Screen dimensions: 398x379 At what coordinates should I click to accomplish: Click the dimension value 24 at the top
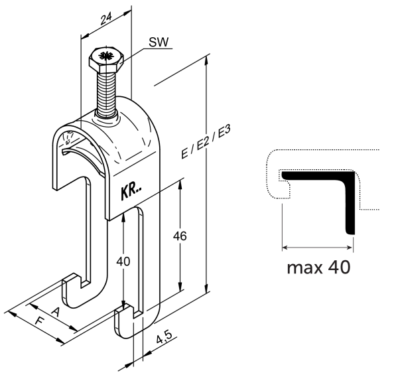pyautogui.click(x=106, y=19)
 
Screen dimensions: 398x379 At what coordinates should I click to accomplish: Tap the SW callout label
pyautogui.click(x=159, y=42)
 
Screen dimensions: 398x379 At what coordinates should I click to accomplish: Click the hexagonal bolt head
pyautogui.click(x=106, y=60)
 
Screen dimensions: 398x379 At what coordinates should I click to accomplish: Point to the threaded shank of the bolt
pyautogui.click(x=107, y=94)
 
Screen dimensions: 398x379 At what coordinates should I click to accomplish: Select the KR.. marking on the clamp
pyautogui.click(x=131, y=190)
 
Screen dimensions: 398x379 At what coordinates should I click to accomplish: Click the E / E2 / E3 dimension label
pyautogui.click(x=206, y=142)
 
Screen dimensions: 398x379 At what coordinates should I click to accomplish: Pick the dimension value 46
pyautogui.click(x=180, y=236)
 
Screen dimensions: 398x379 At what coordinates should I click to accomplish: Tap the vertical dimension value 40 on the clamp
pyautogui.click(x=123, y=262)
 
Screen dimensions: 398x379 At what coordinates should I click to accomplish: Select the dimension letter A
pyautogui.click(x=56, y=312)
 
